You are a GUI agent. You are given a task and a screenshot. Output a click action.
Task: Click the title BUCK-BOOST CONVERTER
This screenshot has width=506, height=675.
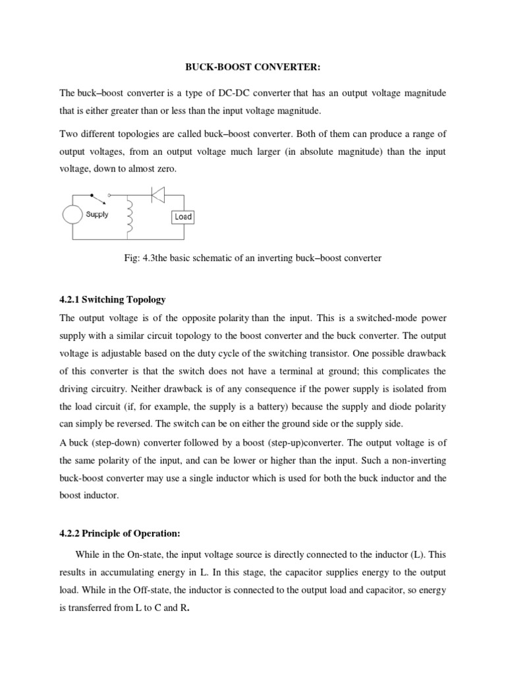click(x=253, y=67)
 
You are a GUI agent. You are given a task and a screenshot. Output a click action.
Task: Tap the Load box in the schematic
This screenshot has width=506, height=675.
click(x=183, y=216)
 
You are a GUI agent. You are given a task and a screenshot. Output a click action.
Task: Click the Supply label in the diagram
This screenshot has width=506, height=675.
click(x=98, y=215)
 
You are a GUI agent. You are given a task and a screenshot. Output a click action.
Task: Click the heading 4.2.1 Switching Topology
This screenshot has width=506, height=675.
click(x=112, y=300)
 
